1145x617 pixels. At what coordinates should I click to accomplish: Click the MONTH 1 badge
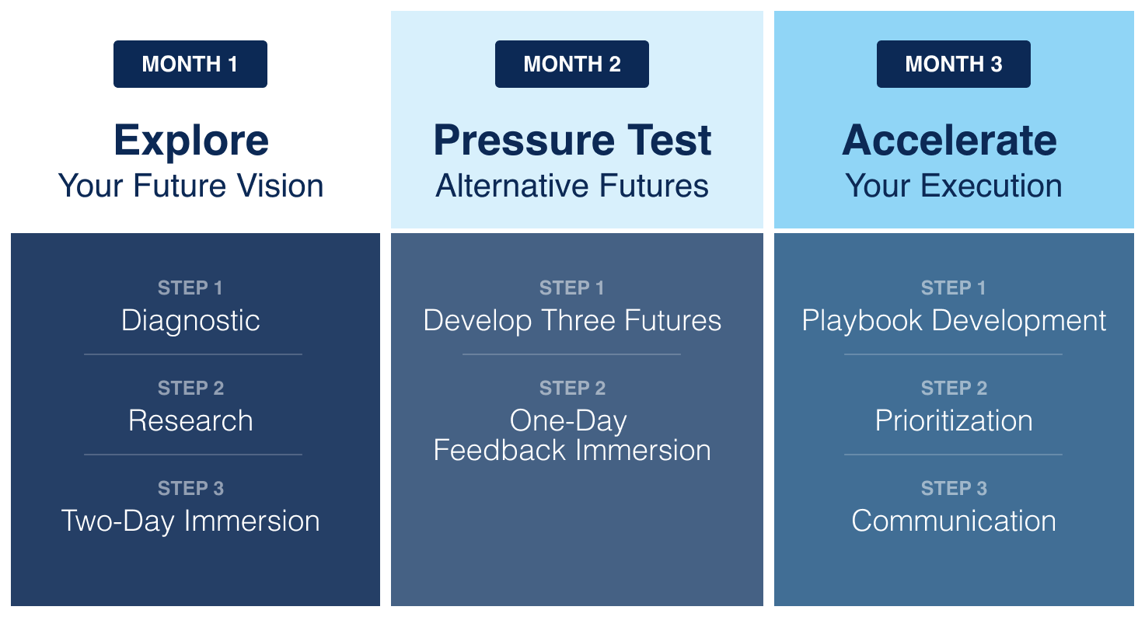tap(190, 64)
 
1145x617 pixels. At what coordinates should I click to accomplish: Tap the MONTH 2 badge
tap(572, 64)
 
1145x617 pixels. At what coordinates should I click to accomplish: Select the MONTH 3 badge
tap(954, 64)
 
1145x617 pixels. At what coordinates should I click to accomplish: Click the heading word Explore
tap(191, 141)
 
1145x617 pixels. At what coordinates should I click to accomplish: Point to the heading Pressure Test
tap(572, 141)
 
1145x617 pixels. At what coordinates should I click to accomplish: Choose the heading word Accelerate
tap(949, 141)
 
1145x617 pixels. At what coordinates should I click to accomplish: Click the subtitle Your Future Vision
tap(191, 186)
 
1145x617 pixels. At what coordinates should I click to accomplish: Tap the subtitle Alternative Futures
tap(572, 186)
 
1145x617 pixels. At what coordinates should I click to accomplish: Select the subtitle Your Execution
tap(954, 186)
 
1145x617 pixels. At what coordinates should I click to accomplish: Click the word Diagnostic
tap(190, 321)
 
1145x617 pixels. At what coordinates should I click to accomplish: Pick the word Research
tap(190, 421)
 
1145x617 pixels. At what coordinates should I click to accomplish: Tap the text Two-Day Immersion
tap(190, 521)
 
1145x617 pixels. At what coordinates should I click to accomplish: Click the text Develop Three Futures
tap(572, 321)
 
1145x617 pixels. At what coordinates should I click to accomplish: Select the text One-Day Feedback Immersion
tap(572, 436)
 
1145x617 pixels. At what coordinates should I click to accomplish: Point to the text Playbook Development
tap(954, 321)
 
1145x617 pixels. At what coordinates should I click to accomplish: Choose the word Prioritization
tap(954, 421)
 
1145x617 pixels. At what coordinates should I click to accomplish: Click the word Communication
tap(954, 521)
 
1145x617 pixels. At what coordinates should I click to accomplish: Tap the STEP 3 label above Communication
tap(954, 489)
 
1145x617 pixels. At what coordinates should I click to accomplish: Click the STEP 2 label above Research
tap(190, 389)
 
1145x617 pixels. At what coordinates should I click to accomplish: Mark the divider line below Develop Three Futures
tap(572, 354)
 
